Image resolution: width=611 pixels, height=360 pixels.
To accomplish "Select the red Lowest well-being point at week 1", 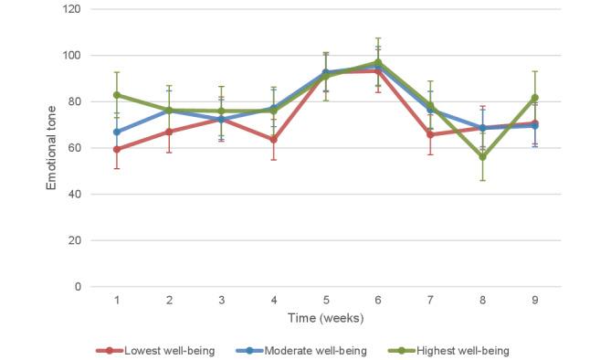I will point(117,149).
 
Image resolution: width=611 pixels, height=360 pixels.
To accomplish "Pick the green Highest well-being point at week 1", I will point(117,95).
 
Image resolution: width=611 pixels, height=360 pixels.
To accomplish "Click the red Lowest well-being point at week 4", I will point(273,139).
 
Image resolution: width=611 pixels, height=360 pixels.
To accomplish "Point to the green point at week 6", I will point(377,63).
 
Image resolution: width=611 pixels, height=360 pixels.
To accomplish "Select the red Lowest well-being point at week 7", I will point(429,134).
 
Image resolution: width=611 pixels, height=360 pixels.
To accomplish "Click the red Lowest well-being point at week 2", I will point(169,132).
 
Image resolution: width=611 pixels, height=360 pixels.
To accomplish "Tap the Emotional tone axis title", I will point(51,148).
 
